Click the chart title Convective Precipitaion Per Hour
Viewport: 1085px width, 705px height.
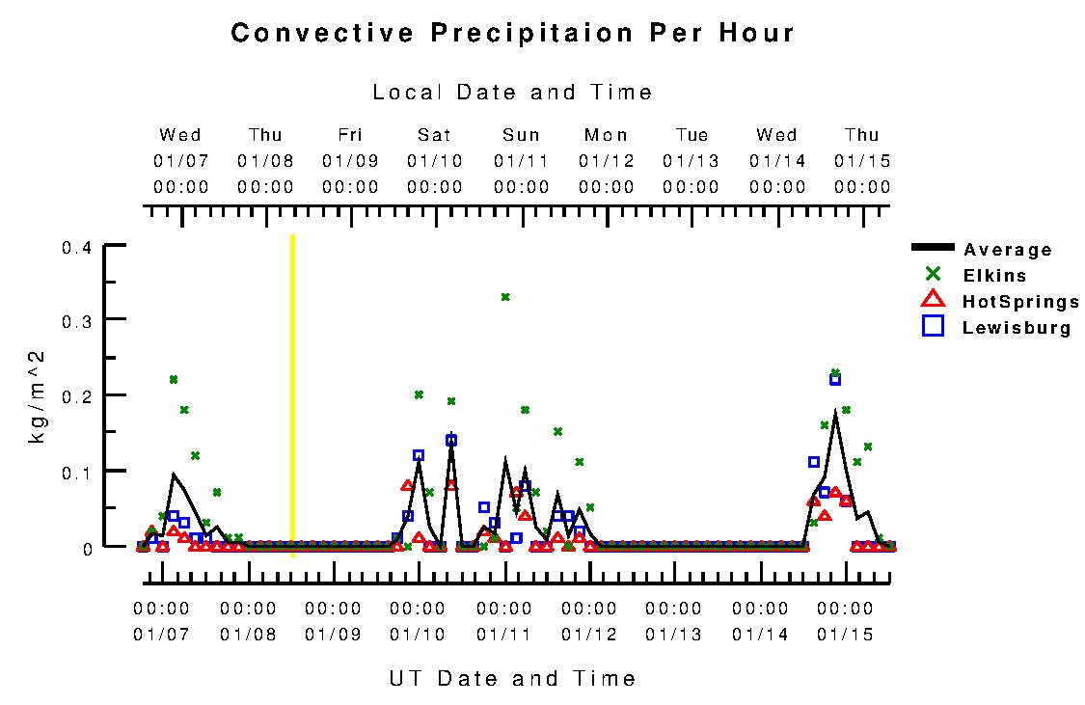[x=512, y=33]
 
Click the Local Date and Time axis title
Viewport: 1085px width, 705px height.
[x=512, y=93]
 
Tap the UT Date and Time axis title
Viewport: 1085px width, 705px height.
[x=512, y=678]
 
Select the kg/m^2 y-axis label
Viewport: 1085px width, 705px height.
[x=39, y=396]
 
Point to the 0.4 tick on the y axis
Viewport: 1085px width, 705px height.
[x=76, y=248]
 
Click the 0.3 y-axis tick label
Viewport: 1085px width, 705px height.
[x=76, y=320]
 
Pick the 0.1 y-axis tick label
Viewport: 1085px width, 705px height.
[x=76, y=472]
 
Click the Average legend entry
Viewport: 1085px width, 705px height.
[x=1008, y=250]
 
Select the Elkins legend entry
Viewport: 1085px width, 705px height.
[x=994, y=276]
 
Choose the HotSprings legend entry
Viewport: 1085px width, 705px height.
[x=1020, y=302]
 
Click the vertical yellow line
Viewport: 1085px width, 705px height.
[x=292, y=395]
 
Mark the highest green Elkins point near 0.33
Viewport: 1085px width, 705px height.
[x=504, y=297]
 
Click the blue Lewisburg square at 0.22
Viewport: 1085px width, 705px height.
[x=835, y=379]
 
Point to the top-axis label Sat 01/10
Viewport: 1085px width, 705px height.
[x=434, y=160]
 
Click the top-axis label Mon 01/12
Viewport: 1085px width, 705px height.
[x=606, y=160]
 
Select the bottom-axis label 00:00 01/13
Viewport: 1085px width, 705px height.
[x=673, y=621]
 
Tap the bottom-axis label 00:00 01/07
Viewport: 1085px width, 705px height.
[x=161, y=621]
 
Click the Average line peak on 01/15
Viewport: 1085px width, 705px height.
[x=835, y=413]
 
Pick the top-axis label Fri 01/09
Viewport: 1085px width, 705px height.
[x=350, y=160]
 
